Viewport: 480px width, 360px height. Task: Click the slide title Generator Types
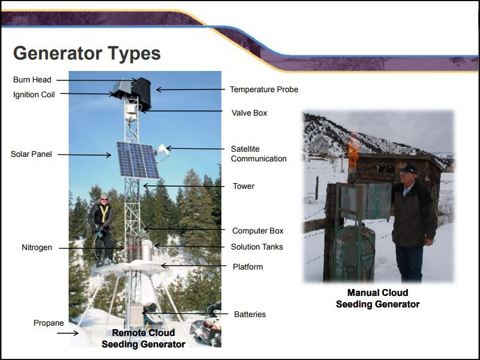pyautogui.click(x=86, y=53)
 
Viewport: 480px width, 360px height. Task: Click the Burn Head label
pyautogui.click(x=32, y=80)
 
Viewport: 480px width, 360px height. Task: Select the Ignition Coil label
pyautogui.click(x=34, y=95)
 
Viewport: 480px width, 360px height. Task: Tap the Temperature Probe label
pyautogui.click(x=264, y=90)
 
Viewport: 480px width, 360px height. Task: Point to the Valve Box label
pyautogui.click(x=249, y=113)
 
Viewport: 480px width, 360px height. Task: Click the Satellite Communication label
pyautogui.click(x=258, y=154)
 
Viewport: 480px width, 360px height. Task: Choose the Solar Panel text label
pyautogui.click(x=31, y=154)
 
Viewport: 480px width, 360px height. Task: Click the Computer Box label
pyautogui.click(x=257, y=231)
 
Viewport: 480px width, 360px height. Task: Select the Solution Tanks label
pyautogui.click(x=257, y=247)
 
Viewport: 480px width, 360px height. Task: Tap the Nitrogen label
pyautogui.click(x=37, y=248)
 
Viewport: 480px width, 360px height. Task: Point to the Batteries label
pyautogui.click(x=249, y=314)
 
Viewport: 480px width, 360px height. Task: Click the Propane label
pyautogui.click(x=49, y=323)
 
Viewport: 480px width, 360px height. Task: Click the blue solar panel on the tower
pyautogui.click(x=137, y=160)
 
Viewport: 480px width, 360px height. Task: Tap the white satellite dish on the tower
pyautogui.click(x=162, y=150)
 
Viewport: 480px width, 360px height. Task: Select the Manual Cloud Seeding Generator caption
pyautogui.click(x=378, y=299)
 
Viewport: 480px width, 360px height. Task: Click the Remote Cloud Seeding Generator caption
pyautogui.click(x=143, y=338)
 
